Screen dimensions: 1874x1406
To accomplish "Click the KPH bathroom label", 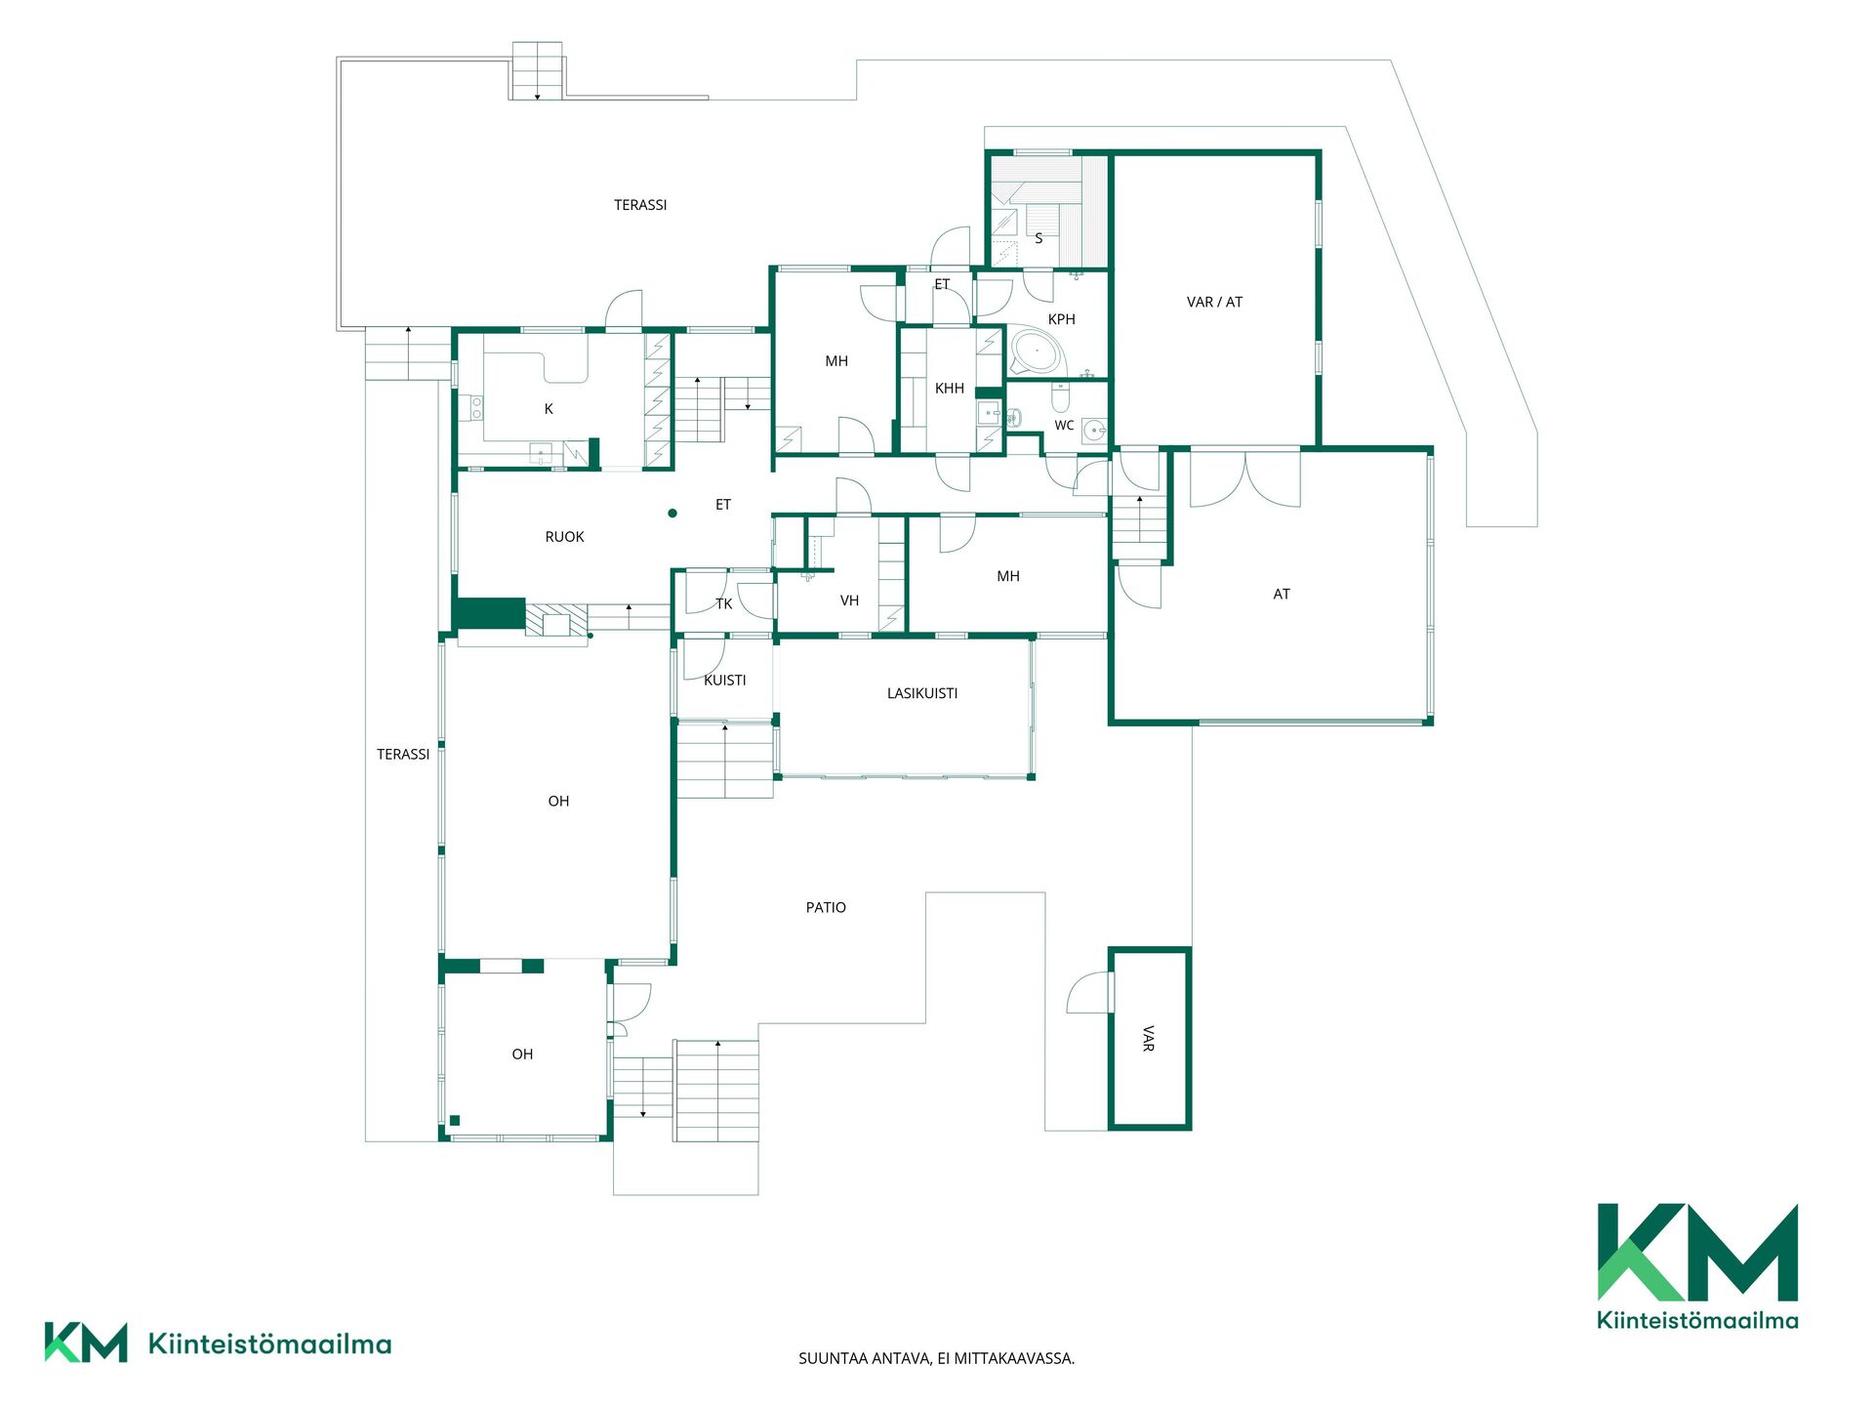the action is click(1061, 319).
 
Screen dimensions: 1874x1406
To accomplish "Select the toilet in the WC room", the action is click(1060, 398).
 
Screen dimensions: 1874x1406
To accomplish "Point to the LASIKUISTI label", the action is click(922, 693).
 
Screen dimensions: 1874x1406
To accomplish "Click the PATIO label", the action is click(826, 907).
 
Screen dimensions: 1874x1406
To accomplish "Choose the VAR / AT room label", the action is click(1214, 302).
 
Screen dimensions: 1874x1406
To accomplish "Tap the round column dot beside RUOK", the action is click(672, 513).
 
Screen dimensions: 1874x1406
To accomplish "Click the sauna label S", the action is click(1039, 238).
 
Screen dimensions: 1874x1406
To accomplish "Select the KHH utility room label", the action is click(950, 389).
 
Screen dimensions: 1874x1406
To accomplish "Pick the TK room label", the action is click(724, 603).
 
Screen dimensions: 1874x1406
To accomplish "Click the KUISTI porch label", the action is click(725, 681).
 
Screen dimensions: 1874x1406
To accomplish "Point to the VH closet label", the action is click(849, 600).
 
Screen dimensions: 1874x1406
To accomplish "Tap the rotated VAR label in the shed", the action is click(1149, 1038).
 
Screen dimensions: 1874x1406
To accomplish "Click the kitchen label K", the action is click(549, 409).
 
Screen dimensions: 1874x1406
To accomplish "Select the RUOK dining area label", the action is click(565, 537).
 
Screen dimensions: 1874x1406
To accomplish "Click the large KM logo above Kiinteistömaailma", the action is click(1697, 1252).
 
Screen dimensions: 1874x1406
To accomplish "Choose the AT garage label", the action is click(1282, 594).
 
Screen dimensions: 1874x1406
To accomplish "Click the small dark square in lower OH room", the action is click(455, 1120).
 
